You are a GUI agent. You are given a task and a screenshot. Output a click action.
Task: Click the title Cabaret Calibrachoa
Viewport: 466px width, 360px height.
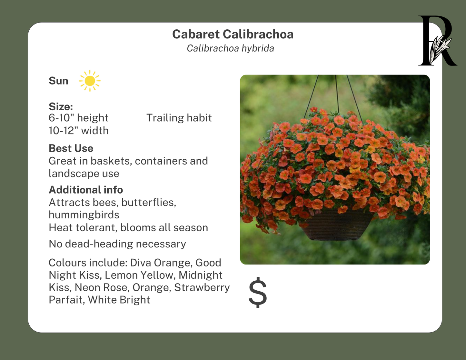(x=233, y=34)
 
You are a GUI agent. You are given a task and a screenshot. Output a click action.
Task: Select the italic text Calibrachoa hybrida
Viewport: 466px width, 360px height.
(x=230, y=48)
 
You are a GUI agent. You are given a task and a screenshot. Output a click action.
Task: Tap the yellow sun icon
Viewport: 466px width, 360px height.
(x=90, y=81)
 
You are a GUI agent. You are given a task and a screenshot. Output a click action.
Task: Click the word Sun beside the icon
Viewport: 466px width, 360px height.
(x=58, y=81)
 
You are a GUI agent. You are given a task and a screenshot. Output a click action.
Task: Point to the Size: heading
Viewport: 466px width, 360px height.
(x=61, y=106)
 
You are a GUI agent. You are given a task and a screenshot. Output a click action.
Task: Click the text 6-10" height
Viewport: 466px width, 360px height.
(x=78, y=118)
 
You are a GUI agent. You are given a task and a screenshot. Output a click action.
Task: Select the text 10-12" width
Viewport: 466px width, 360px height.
(x=78, y=131)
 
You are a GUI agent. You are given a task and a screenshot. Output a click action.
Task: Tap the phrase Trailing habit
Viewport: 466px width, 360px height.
(x=179, y=118)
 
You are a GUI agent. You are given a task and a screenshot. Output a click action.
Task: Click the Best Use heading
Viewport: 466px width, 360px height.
(x=71, y=148)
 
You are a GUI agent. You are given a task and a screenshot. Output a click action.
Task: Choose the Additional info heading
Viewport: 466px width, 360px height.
(x=86, y=190)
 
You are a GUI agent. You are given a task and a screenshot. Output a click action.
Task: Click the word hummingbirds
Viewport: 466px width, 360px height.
(x=84, y=215)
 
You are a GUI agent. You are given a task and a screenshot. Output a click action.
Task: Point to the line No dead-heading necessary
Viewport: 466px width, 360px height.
(x=117, y=244)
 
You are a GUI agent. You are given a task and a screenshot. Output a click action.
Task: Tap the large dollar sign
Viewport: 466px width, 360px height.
(x=258, y=292)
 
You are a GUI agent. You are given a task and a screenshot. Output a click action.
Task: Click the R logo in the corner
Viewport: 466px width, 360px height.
(x=437, y=41)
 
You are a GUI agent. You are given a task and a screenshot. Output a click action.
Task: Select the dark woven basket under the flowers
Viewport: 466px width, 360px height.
(x=335, y=226)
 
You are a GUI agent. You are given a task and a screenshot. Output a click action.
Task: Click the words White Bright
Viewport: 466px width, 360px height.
(x=119, y=300)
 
